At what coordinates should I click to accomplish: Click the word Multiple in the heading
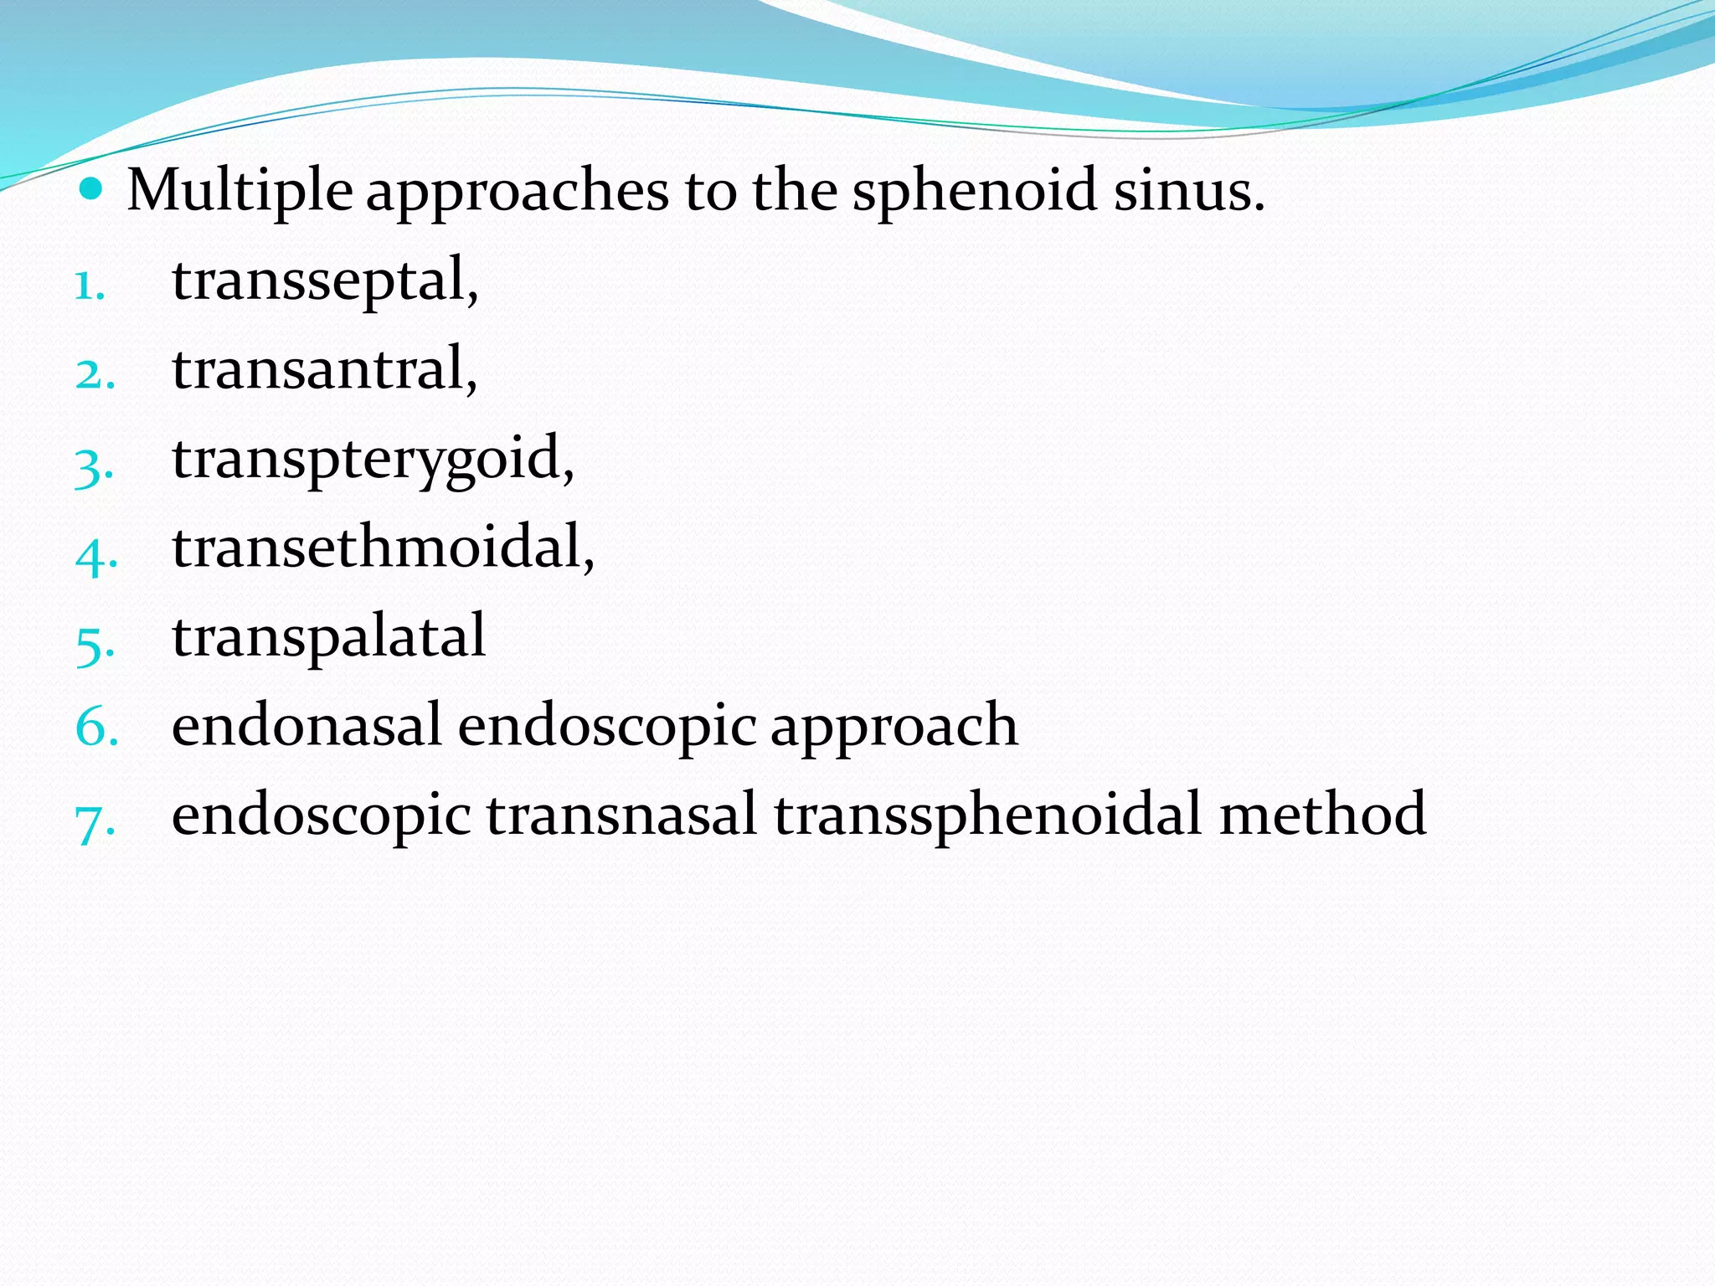(x=239, y=191)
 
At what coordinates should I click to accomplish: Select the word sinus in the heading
(x=1188, y=191)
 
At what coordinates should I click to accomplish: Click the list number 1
(x=90, y=286)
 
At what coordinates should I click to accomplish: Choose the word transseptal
(x=324, y=281)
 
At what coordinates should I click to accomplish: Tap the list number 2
(x=94, y=375)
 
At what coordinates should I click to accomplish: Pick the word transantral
(x=324, y=369)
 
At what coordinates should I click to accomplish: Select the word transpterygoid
(x=373, y=460)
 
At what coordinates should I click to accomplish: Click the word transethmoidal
(x=383, y=548)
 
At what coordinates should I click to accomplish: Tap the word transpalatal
(x=328, y=638)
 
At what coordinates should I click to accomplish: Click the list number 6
(x=96, y=727)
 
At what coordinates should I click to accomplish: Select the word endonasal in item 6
(x=306, y=726)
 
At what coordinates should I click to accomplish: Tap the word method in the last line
(x=1322, y=815)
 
